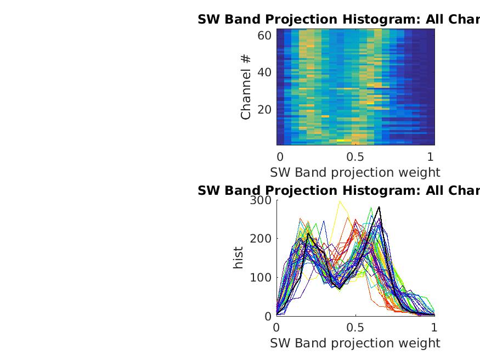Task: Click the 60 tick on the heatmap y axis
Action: point(264,36)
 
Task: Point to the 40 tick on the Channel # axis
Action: point(264,72)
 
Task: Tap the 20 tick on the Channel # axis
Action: point(264,109)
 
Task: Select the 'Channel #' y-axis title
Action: point(246,87)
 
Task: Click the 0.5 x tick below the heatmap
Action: point(355,156)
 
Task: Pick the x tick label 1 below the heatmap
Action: point(431,156)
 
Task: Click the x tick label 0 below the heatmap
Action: point(280,156)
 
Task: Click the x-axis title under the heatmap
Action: point(355,172)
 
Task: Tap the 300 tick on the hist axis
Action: point(261,200)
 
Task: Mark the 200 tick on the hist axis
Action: point(261,239)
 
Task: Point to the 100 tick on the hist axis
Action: point(261,278)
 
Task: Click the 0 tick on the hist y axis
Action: point(268,316)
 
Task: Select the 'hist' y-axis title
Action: point(238,258)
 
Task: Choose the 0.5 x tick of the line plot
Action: point(355,327)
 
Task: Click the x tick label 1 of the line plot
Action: point(434,327)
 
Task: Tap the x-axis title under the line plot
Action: point(355,343)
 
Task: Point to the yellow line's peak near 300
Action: point(340,201)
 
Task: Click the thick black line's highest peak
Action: point(379,207)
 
